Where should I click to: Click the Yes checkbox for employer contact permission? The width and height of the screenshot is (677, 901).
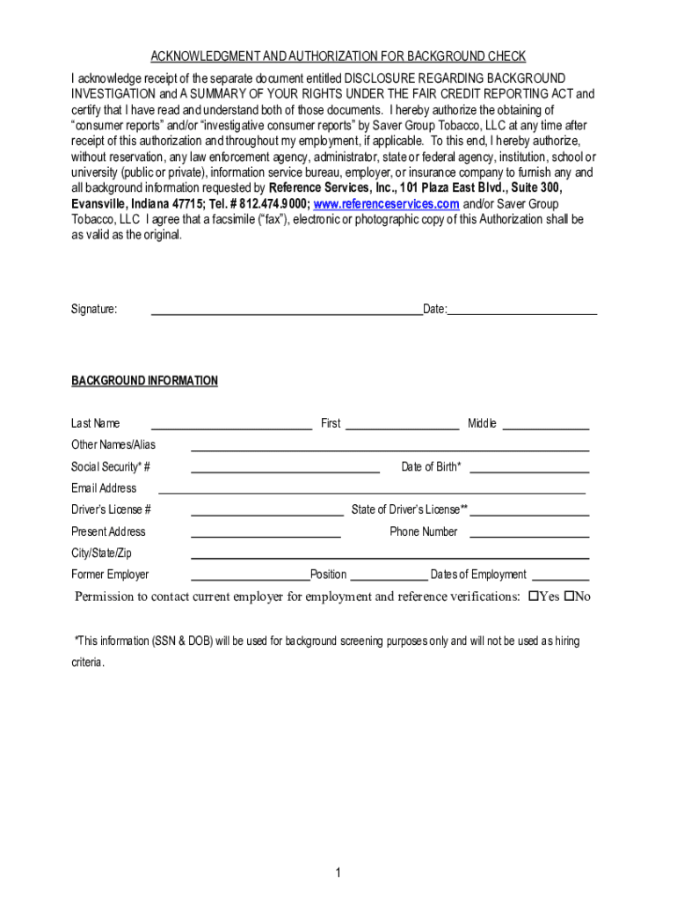click(533, 597)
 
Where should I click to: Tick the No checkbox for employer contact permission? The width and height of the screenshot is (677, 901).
click(569, 597)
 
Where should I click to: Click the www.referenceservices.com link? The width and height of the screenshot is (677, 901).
click(386, 204)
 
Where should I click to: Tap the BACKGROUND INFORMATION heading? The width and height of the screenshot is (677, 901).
click(144, 381)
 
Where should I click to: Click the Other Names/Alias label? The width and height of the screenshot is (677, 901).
click(113, 444)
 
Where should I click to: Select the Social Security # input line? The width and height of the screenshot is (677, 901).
click(285, 467)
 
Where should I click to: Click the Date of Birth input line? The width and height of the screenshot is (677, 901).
click(529, 467)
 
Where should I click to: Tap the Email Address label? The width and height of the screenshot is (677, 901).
click(104, 488)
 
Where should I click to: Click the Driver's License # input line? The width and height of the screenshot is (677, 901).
click(267, 510)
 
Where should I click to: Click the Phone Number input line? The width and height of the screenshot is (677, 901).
click(529, 532)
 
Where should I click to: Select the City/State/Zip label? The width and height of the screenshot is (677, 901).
click(101, 553)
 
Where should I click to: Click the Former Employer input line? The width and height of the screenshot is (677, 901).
click(250, 575)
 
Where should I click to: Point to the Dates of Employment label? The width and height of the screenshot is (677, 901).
click(478, 575)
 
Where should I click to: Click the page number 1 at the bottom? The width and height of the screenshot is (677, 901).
click(337, 873)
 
